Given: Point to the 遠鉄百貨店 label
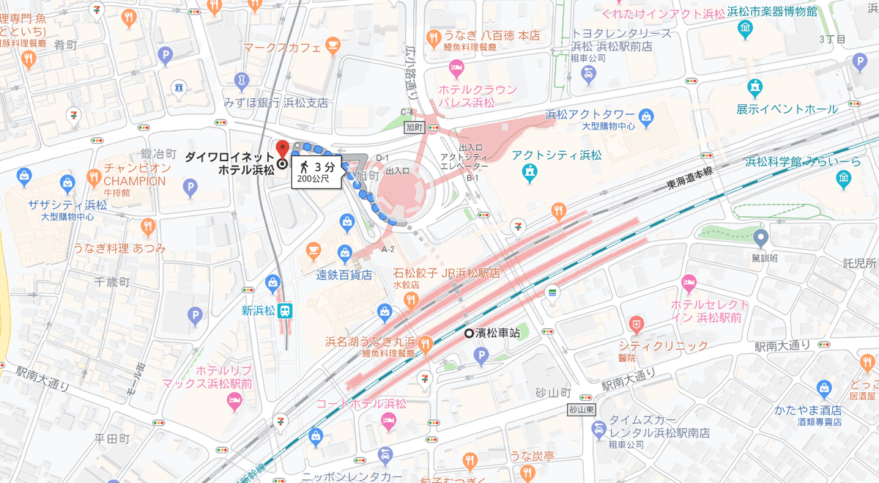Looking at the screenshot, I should click(344, 276).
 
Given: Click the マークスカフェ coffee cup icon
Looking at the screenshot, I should click(333, 46).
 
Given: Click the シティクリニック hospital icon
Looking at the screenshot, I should click(637, 323).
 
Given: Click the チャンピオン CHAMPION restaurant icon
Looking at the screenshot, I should click(93, 177).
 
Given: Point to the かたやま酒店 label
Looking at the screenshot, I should click(808, 410).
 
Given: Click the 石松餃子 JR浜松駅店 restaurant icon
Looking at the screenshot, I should click(411, 299).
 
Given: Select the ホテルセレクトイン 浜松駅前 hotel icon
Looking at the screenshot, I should click(688, 282).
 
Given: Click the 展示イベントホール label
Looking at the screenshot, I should click(787, 109).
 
